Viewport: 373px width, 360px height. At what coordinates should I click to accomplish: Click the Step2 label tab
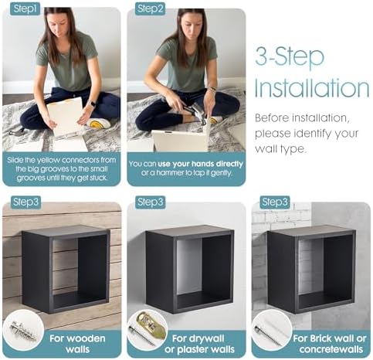tap(150, 8)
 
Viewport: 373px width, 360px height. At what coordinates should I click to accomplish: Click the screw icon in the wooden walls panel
tap(22, 329)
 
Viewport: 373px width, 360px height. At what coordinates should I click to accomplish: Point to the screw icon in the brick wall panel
tap(272, 329)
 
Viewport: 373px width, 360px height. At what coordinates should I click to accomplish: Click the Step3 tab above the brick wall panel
tap(275, 202)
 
